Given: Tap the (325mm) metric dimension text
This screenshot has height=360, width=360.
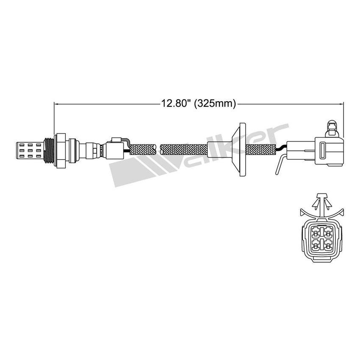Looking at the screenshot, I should [214, 103].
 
